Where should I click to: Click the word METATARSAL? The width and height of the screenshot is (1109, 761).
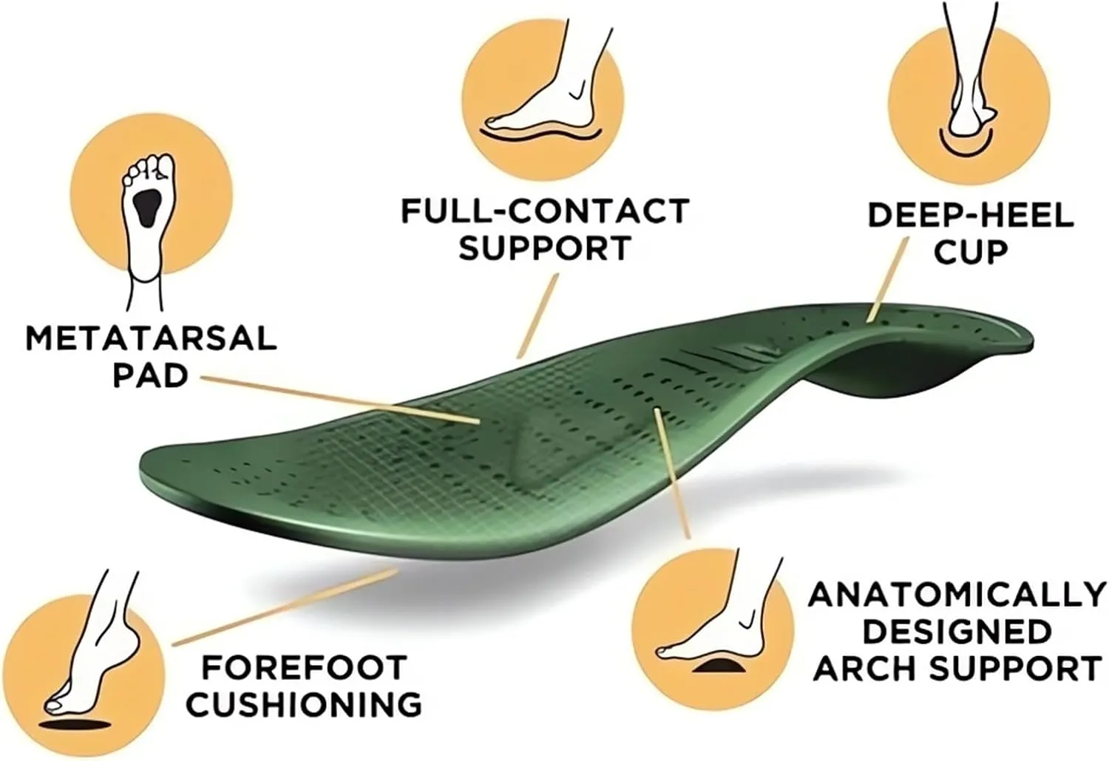tap(151, 338)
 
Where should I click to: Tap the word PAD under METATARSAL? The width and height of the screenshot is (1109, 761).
tap(150, 375)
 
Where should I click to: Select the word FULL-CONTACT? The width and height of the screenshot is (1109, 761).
tap(545, 211)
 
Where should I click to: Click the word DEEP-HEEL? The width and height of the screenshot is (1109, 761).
tap(970, 215)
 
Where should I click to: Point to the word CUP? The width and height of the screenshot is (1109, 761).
tap(970, 251)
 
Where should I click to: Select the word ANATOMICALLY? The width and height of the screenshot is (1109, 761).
tap(957, 595)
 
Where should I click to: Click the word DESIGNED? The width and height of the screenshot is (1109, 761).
tap(957, 632)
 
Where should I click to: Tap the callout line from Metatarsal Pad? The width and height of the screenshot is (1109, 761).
tap(340, 399)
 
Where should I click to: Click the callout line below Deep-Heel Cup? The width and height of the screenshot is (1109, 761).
tap(887, 284)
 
